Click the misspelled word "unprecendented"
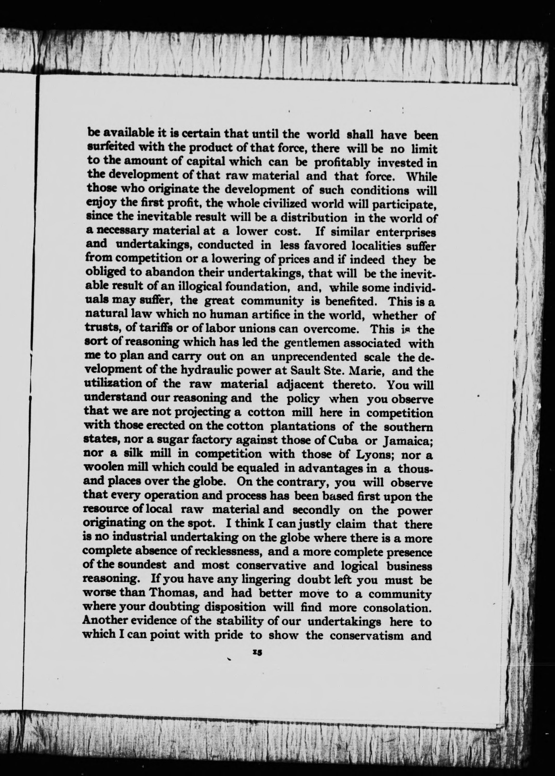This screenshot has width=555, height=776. pos(314,357)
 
